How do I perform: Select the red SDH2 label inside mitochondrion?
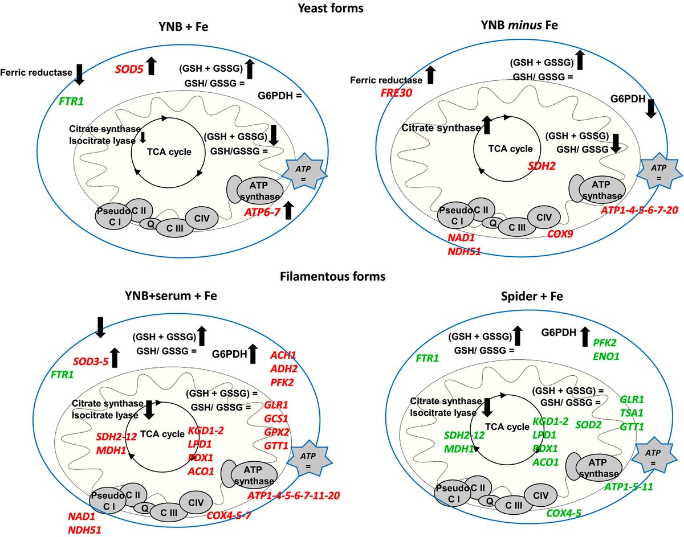(541, 166)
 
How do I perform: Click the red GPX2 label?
(276, 432)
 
